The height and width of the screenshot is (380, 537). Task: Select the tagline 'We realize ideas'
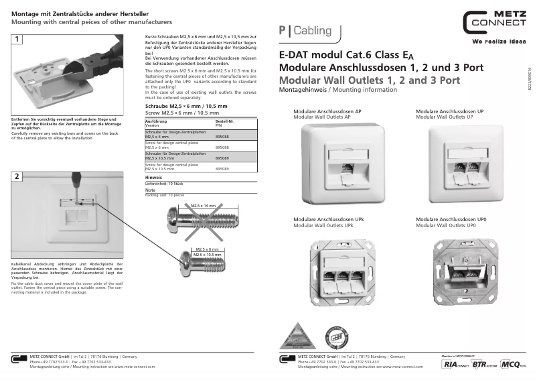coord(499,42)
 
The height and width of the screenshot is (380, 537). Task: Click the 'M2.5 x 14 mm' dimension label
coord(203,206)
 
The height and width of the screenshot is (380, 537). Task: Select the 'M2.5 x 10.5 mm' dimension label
coord(207,255)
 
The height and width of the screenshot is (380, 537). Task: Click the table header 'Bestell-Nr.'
coord(224,121)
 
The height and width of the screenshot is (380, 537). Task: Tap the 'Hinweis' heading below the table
coord(153,177)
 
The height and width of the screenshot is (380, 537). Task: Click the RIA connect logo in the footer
coord(455,364)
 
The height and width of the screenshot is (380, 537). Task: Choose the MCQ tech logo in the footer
coord(513,364)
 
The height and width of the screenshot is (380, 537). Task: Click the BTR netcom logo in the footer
coord(484,364)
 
